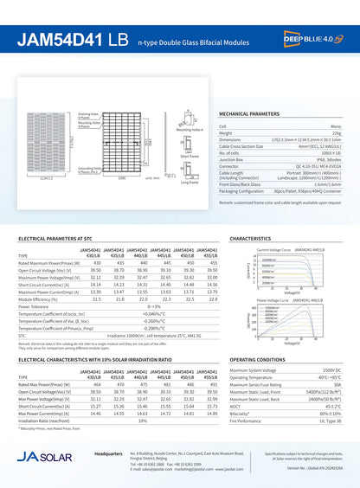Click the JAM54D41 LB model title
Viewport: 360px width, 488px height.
click(x=74, y=41)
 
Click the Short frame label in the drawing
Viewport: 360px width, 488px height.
click(x=189, y=157)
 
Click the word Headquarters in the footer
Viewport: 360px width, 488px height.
click(x=108, y=453)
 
